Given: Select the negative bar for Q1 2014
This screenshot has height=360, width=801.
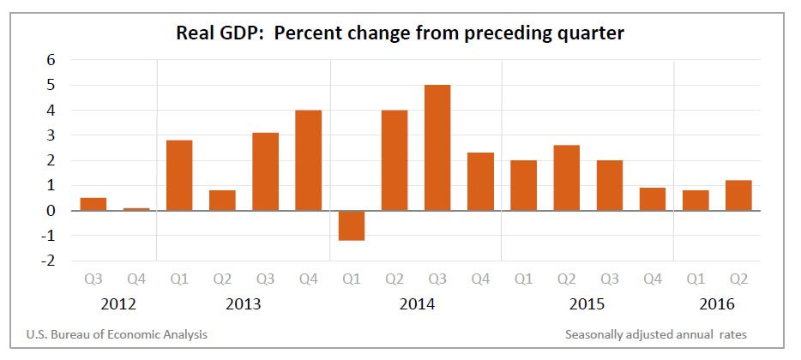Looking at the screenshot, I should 351,225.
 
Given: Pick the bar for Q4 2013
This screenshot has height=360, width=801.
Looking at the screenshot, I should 308,160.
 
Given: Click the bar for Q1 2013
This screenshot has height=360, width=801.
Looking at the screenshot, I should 179,175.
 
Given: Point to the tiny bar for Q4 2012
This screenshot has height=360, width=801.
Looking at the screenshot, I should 136,208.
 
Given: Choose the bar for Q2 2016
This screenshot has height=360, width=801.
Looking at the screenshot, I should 738,195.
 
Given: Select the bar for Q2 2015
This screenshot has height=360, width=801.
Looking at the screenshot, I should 566,177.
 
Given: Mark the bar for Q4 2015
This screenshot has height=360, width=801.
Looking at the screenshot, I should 652,199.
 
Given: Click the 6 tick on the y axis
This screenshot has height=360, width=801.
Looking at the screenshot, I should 51,60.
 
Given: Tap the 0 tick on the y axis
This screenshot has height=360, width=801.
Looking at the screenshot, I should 51,210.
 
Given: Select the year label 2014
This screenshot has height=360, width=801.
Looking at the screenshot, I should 416,303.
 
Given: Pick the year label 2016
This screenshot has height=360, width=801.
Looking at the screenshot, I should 716,303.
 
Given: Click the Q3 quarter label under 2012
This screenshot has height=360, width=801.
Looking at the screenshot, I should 93,279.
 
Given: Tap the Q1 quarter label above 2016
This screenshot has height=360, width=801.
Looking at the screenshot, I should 695,279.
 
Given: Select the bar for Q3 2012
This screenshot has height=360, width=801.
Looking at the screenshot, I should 93,204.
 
